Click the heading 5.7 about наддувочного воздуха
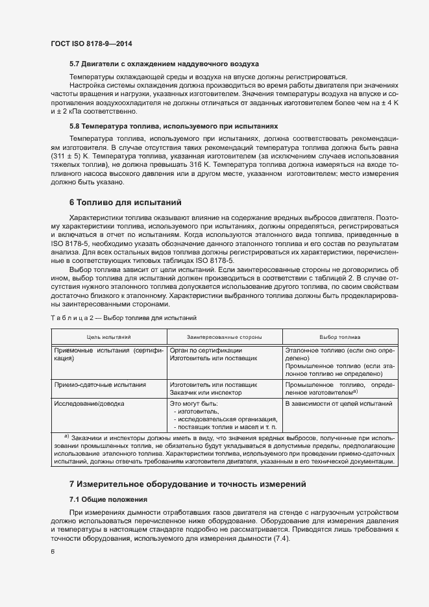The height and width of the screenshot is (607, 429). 164,64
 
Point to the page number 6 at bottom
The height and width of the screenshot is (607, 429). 53,551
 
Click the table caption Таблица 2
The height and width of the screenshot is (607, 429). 123,318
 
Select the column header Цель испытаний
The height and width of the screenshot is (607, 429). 109,338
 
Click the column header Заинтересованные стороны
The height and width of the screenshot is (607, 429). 224,338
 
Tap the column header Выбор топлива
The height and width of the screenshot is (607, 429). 339,338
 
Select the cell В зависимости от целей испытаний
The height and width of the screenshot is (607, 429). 339,403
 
